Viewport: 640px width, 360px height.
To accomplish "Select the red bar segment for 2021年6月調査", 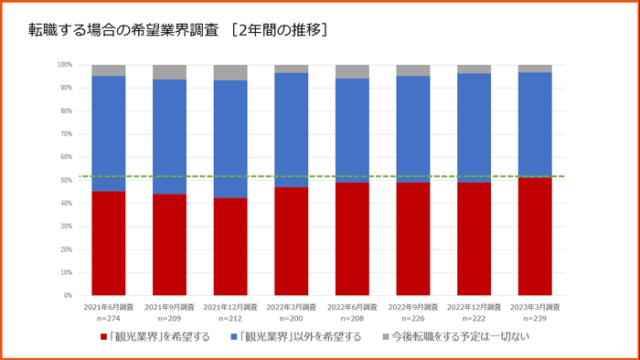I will [108, 243].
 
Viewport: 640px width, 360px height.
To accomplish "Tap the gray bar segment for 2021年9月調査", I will [169, 72].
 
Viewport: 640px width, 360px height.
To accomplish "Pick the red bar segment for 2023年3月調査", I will [535, 236].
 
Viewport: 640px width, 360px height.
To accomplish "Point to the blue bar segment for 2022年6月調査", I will [352, 131].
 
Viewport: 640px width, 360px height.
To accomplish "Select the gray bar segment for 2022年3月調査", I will [291, 69].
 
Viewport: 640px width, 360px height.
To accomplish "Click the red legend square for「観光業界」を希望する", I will [104, 337].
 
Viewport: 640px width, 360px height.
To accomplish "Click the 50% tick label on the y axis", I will [66, 180].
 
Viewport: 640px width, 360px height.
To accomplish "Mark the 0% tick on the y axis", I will [68, 296].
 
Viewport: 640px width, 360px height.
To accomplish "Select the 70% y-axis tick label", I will [66, 134].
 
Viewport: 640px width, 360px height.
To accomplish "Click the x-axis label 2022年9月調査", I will [412, 307].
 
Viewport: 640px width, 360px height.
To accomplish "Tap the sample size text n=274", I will [108, 319].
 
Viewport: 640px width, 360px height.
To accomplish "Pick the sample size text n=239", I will [535, 319].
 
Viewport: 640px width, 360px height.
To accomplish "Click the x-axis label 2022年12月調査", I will [474, 307].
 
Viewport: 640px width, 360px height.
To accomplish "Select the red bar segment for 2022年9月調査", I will [412, 238].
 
